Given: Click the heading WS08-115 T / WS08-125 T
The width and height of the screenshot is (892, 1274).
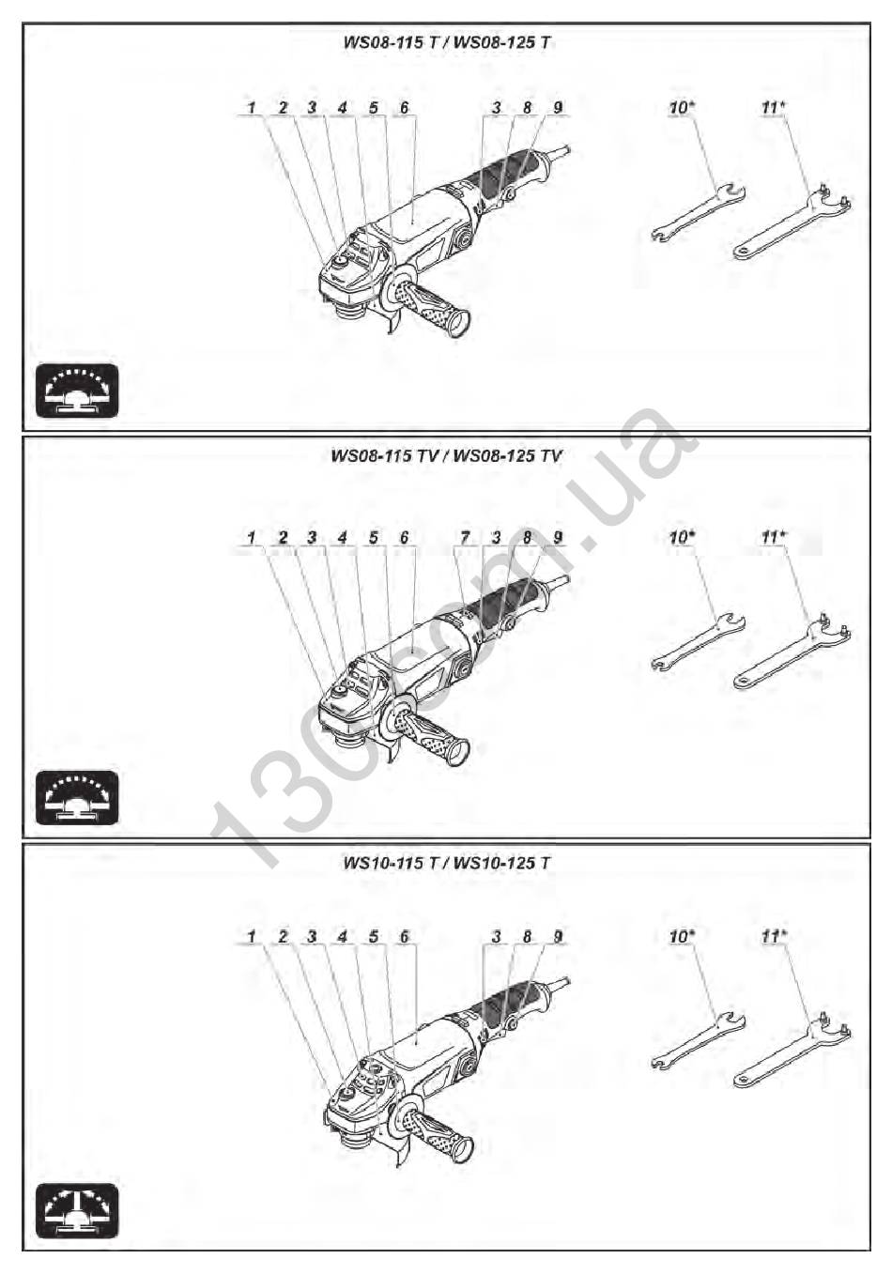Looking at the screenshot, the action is coord(446,42).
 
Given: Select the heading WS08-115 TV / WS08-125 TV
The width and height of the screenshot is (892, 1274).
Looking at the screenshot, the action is coord(446,455).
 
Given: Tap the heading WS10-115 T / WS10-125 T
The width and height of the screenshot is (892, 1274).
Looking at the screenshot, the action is coord(446,862).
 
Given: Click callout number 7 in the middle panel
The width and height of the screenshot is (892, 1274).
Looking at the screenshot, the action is coord(465,537).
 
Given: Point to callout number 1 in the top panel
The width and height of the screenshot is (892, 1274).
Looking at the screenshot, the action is coord(252,107).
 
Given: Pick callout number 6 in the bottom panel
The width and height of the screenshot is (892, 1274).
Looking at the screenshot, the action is coord(404,936).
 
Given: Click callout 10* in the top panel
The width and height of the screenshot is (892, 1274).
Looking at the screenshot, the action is coord(682,107).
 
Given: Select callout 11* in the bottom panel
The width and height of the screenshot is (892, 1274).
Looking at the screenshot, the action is coord(774,936).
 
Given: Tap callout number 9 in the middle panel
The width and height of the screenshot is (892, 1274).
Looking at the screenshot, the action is coord(558,537).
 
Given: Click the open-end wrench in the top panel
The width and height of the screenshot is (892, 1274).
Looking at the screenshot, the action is coord(699,211).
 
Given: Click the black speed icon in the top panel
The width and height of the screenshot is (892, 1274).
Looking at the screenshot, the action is coord(77,390).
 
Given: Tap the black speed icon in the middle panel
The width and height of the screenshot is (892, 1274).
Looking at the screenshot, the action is coord(77,797).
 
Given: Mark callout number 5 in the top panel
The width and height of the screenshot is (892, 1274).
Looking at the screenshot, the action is coord(373,107).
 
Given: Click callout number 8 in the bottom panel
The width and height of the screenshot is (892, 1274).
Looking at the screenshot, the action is coord(527,936).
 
